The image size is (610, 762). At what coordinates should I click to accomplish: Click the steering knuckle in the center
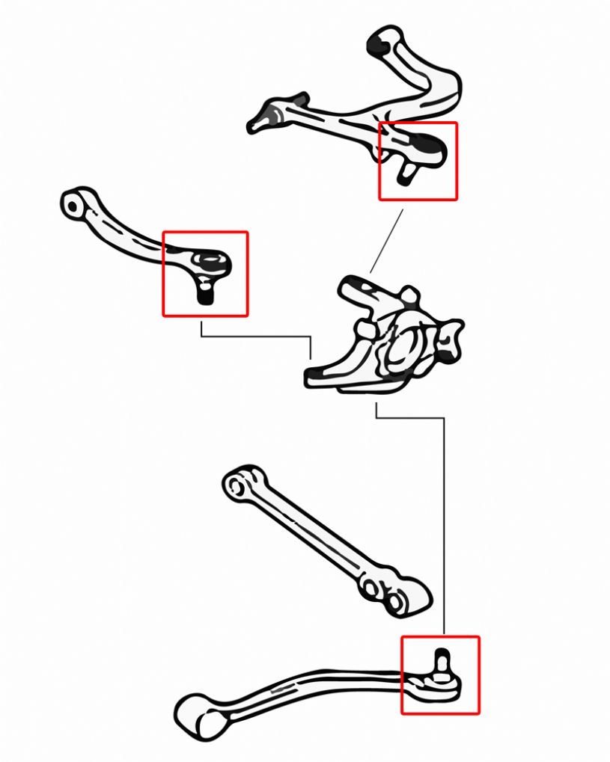pyautogui.click(x=385, y=337)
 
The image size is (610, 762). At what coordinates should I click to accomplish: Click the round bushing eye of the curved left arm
pyautogui.click(x=73, y=203)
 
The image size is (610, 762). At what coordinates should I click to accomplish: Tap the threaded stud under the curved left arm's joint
pyautogui.click(x=204, y=293)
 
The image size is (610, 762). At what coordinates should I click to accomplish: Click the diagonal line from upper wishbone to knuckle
pyautogui.click(x=386, y=241)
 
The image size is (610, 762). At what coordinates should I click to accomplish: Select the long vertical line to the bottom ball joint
pyautogui.click(x=444, y=523)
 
